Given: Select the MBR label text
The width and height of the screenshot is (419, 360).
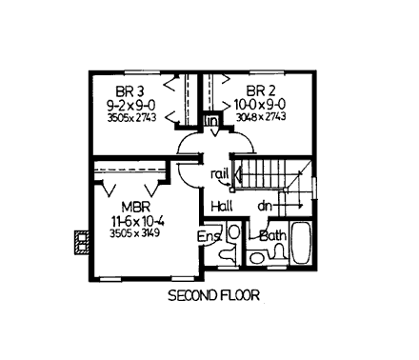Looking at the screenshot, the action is [132, 206].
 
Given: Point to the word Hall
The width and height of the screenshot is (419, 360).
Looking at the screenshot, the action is [222, 205].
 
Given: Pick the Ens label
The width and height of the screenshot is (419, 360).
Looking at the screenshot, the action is [209, 236].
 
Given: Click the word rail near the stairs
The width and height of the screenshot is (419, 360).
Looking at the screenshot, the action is [220, 173].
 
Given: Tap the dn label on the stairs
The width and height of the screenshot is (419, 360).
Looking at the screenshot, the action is [266, 205].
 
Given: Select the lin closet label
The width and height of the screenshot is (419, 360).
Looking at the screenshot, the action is [211, 122].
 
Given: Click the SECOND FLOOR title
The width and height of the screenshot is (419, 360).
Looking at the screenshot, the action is [212, 295].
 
